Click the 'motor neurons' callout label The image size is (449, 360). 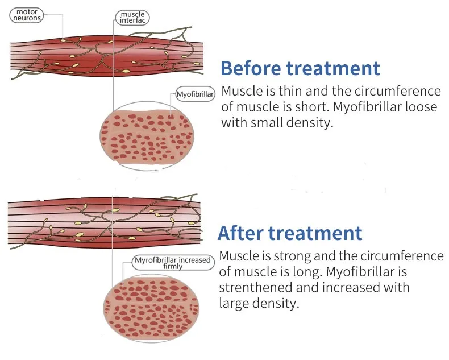point(27,15)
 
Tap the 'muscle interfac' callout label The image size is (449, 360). point(132,18)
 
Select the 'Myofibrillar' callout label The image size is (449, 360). point(195,94)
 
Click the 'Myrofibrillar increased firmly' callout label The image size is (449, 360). point(173,263)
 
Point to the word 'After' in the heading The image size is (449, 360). point(240,233)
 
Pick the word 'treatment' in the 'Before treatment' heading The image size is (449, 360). point(333,68)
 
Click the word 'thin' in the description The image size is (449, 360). point(290,91)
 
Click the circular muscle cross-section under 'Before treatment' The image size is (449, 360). point(147,135)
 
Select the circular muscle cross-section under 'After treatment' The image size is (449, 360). point(151,308)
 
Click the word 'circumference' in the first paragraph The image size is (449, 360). point(398,91)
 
